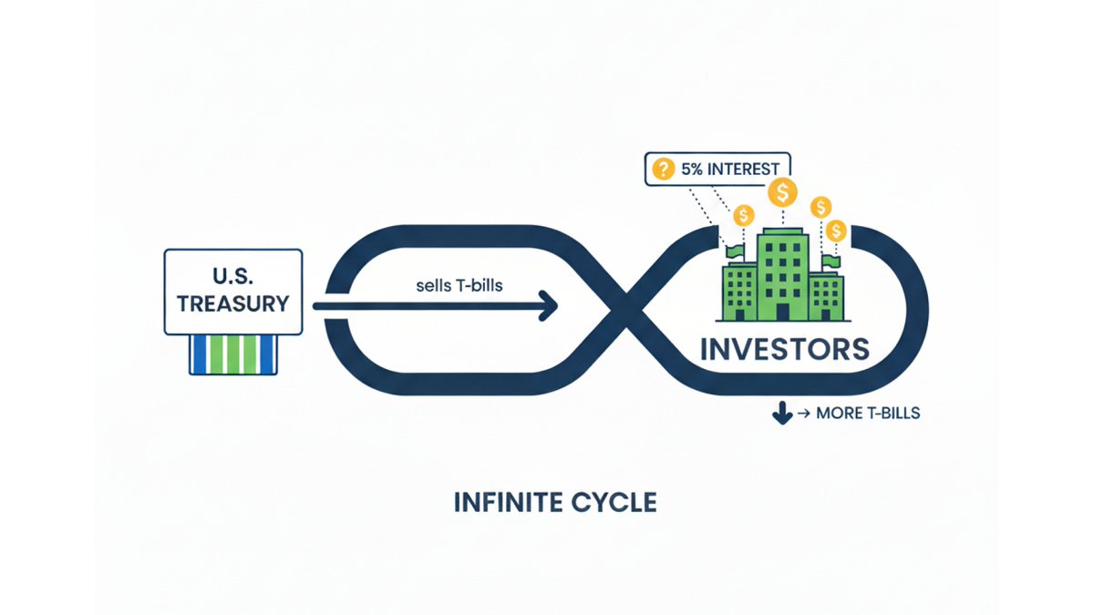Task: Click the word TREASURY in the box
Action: (x=232, y=303)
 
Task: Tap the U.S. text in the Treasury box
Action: (x=232, y=275)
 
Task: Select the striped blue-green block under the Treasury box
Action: (x=232, y=354)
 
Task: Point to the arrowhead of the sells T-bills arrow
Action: (x=549, y=306)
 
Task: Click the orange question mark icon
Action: (x=662, y=169)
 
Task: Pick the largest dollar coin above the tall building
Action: (x=783, y=191)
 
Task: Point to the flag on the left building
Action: (x=733, y=249)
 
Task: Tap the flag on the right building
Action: (x=831, y=261)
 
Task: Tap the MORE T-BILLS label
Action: (x=868, y=414)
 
